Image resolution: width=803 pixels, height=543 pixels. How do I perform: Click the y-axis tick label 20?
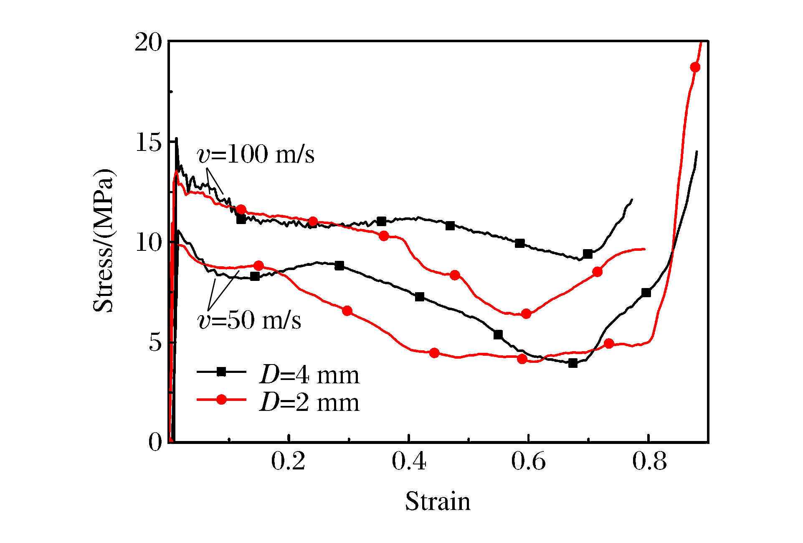click(x=148, y=43)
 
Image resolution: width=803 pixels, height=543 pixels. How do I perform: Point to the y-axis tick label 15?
click(x=148, y=143)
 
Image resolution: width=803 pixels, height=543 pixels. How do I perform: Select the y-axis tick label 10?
click(x=148, y=243)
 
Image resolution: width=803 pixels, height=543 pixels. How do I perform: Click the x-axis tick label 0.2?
click(x=288, y=462)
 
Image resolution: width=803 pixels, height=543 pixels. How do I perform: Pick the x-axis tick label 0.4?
click(x=408, y=462)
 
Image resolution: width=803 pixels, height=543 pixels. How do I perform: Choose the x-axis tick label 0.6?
click(x=528, y=462)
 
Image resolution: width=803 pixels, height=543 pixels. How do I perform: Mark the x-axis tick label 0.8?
click(x=649, y=462)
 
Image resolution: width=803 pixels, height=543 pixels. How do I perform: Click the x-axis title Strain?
click(x=438, y=502)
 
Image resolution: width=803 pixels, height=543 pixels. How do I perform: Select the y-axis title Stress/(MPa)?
click(x=103, y=241)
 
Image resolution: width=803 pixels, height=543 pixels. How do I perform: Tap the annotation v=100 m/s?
click(x=256, y=154)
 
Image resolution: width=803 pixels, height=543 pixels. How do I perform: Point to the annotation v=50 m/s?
click(x=249, y=321)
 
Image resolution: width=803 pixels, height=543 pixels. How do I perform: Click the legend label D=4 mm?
click(x=309, y=375)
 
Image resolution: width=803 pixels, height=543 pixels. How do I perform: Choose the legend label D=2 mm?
click(x=309, y=403)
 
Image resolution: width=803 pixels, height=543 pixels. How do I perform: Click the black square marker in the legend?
click(x=221, y=372)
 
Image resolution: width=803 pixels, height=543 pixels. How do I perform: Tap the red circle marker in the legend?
click(x=221, y=400)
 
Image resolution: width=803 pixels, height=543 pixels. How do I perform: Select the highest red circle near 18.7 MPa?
click(x=695, y=67)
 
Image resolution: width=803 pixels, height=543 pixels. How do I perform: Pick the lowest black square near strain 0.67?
click(x=573, y=363)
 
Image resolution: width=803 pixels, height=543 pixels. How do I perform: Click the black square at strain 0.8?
click(x=646, y=293)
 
